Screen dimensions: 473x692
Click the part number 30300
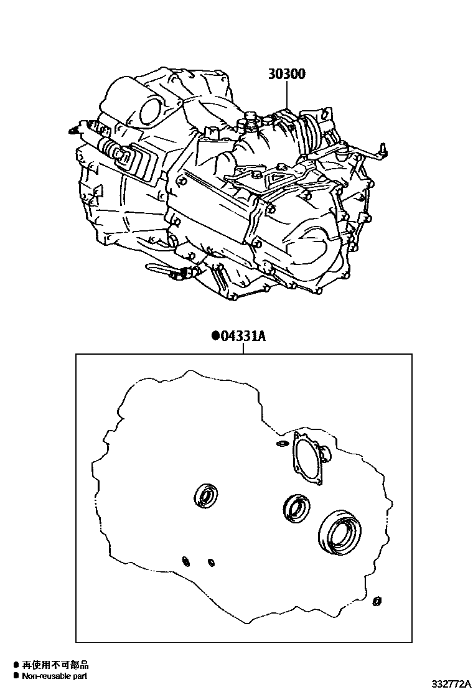coord(287,73)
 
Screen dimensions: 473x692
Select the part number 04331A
coord(243,337)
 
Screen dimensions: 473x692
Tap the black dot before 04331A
coord(216,337)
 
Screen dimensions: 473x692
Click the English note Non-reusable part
coord(54,676)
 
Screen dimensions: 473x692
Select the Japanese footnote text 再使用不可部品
coord(55,665)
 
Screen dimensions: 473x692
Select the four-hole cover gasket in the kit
coord(310,459)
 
